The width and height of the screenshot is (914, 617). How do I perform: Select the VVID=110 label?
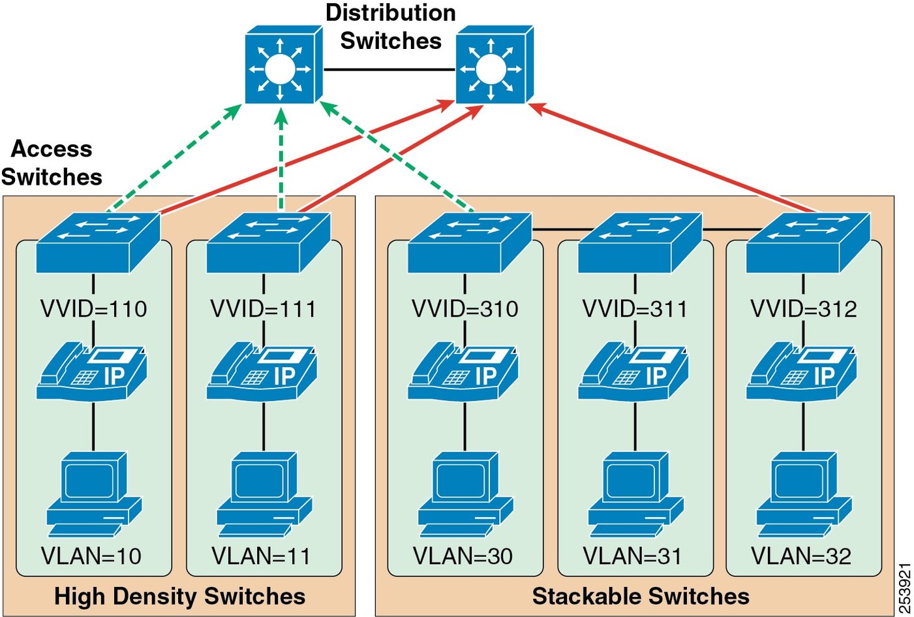click(94, 309)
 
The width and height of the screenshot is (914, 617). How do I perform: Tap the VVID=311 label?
click(635, 309)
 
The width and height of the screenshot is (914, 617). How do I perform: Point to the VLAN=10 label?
click(91, 556)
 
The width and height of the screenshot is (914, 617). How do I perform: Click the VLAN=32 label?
click(801, 556)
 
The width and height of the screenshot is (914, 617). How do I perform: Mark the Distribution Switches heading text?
click(390, 27)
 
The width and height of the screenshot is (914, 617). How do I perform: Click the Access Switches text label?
click(52, 163)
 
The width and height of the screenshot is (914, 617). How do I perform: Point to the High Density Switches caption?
click(179, 596)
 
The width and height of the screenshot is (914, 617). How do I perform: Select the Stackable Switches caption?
click(641, 596)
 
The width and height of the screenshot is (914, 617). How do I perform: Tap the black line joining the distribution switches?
click(389, 69)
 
